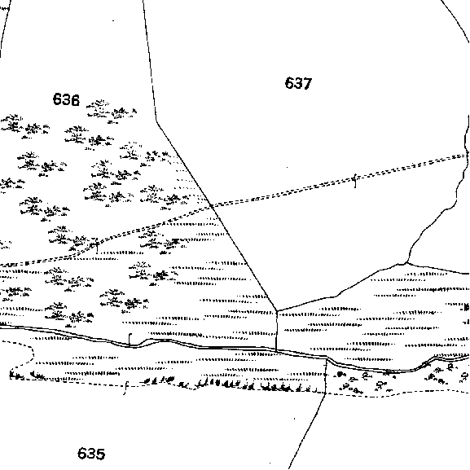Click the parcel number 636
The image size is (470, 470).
click(x=66, y=99)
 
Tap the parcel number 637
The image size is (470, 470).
click(x=298, y=83)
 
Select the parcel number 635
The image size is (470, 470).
click(x=91, y=454)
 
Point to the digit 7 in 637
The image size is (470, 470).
click(x=308, y=83)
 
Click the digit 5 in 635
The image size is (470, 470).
click(x=100, y=454)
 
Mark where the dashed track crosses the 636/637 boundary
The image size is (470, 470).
click(x=212, y=205)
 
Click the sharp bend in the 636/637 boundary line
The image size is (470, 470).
click(x=156, y=121)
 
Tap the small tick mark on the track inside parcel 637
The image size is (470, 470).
click(x=355, y=181)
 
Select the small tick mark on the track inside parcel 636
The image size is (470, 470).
click(x=96, y=245)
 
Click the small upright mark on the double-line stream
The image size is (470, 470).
click(x=130, y=340)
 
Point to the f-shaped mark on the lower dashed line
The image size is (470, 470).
click(x=126, y=389)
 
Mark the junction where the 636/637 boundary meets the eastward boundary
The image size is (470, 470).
click(x=276, y=310)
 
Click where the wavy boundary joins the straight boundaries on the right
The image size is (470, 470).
click(x=406, y=263)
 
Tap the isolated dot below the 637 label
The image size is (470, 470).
click(x=288, y=167)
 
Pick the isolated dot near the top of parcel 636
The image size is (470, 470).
click(x=113, y=20)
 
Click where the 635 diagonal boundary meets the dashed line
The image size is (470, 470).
click(x=326, y=393)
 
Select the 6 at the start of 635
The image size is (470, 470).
click(x=81, y=454)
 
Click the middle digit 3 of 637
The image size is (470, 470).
click(x=298, y=83)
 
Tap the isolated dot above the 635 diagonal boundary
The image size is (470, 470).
click(x=294, y=419)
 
